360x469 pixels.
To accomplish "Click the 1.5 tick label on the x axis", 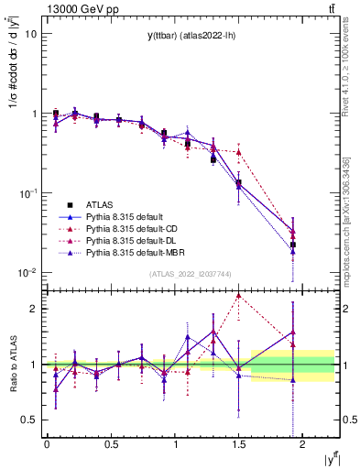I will [x=238, y=443].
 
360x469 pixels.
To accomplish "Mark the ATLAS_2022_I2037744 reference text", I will [x=191, y=274].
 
